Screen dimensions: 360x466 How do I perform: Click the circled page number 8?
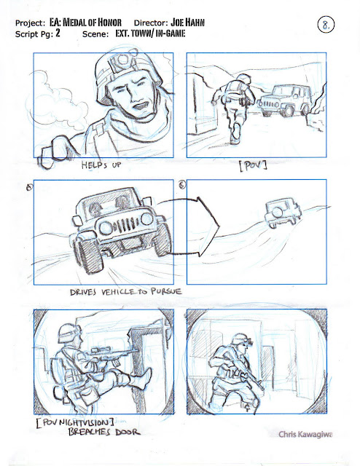pos(326,24)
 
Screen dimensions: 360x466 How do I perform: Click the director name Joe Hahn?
pos(187,23)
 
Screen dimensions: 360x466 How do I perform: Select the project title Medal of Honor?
pos(93,23)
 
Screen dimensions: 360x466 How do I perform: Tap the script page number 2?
pos(58,33)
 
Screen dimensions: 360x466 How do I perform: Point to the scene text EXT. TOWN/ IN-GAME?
pos(150,33)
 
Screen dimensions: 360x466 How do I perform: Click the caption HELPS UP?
pos(101,165)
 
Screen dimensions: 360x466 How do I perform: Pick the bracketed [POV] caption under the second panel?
pos(253,165)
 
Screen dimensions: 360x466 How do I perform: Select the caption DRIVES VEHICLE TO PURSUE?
pos(125,291)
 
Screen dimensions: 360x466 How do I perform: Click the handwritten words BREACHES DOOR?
pos(103,432)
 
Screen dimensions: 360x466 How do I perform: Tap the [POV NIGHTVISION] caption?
pos(74,423)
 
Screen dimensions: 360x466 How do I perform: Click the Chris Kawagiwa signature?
pos(305,434)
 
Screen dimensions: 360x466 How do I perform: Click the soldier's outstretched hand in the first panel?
pos(56,152)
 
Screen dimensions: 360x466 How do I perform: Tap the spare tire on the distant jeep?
pos(278,212)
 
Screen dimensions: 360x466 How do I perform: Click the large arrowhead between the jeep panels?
pos(208,226)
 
